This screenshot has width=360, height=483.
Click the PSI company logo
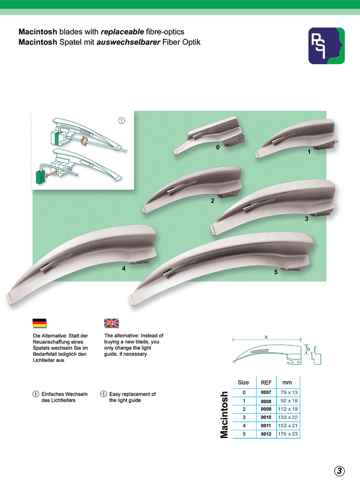[x=326, y=46]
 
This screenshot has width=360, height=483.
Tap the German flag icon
[x=39, y=323]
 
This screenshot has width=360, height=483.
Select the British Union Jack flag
[x=111, y=323]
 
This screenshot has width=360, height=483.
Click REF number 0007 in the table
[x=266, y=392]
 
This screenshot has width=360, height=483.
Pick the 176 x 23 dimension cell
[x=288, y=434]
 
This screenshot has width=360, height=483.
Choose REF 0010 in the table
[x=266, y=418]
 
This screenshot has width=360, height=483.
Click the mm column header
[x=287, y=383]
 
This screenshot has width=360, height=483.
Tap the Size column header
[x=243, y=382]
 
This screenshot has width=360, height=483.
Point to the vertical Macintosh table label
[x=224, y=415]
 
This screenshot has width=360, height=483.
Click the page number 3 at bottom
[x=339, y=471]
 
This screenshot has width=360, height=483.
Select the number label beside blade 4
[x=123, y=269]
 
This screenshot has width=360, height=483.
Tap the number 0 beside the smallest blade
[x=218, y=147]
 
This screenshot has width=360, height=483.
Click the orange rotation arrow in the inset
[x=84, y=142]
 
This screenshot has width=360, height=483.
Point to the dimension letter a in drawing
[x=266, y=337]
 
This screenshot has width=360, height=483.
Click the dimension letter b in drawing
[x=308, y=349]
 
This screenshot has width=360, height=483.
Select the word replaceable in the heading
[x=122, y=32]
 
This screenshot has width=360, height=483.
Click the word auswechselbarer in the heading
[x=128, y=42]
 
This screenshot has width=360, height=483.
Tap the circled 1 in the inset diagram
[x=121, y=121]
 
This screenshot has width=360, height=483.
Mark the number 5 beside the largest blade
[x=276, y=272]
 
